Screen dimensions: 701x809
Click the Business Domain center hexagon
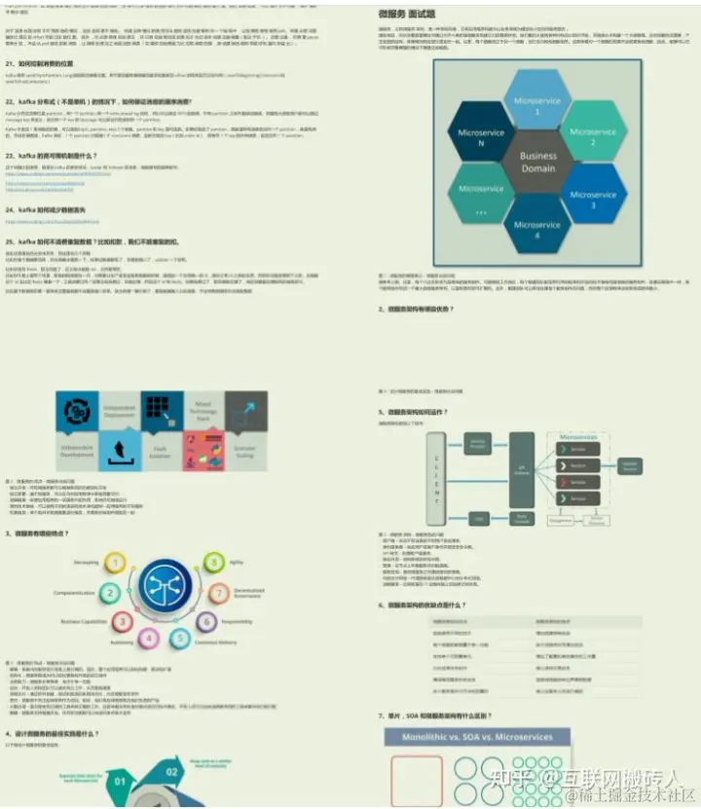tap(537, 163)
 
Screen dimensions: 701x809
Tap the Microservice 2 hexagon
tap(591, 132)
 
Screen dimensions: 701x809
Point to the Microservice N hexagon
tap(481, 132)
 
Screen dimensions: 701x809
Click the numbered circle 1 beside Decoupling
tap(115, 562)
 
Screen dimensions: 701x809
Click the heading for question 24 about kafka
tap(52, 209)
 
